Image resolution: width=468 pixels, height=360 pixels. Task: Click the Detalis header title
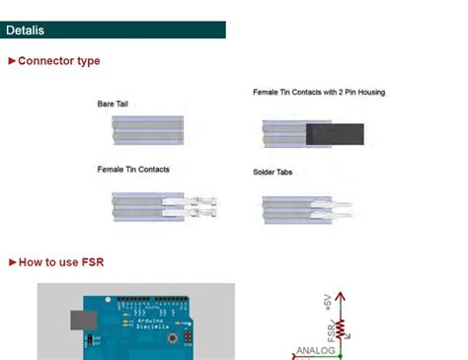[x=31, y=31]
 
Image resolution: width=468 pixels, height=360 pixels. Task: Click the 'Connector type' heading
[x=58, y=61]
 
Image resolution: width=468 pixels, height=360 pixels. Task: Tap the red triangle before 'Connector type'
[x=12, y=61]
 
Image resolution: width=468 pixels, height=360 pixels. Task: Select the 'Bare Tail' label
[x=113, y=104]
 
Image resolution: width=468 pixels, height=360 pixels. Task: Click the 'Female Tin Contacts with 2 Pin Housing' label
[x=319, y=92]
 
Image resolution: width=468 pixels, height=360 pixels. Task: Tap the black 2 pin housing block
[x=335, y=134]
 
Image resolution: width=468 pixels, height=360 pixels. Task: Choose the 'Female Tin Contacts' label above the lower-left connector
[x=133, y=170]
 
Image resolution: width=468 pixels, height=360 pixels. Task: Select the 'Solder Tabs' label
[x=273, y=173]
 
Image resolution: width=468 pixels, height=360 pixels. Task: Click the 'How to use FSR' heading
[x=60, y=262]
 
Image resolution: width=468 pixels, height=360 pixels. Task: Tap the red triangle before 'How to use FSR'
[x=12, y=262]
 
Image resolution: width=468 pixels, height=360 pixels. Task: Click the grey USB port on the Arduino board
[x=81, y=322]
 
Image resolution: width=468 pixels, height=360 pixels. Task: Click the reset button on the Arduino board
[x=174, y=337]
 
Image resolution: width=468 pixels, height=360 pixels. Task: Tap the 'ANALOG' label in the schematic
[x=317, y=350]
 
